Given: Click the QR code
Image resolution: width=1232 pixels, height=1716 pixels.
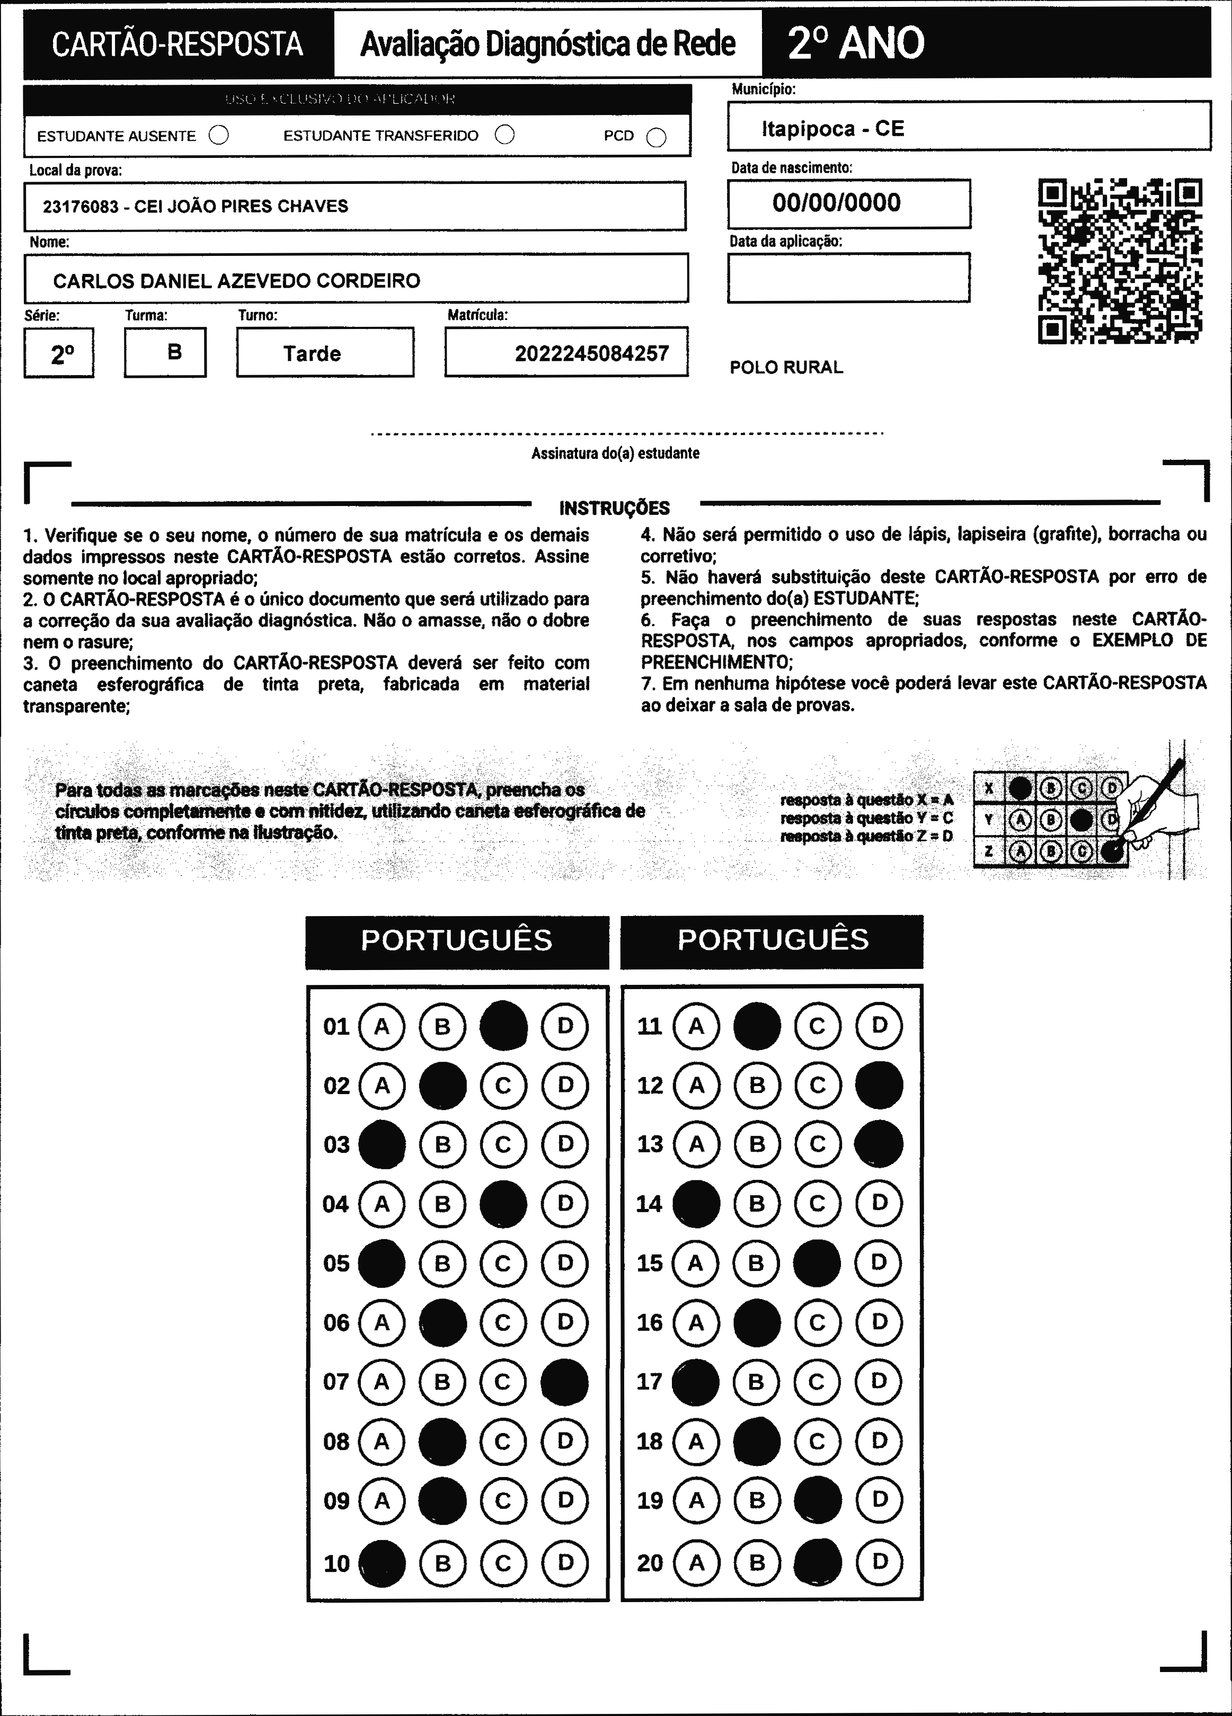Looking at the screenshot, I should click(1120, 261).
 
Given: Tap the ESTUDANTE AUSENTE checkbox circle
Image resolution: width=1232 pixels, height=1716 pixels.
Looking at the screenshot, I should click(219, 136).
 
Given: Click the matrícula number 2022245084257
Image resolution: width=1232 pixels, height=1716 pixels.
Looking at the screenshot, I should click(592, 353).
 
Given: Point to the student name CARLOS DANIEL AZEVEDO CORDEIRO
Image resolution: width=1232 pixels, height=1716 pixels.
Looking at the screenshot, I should click(236, 281).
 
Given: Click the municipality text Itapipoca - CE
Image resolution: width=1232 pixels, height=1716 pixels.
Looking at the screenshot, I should click(832, 129).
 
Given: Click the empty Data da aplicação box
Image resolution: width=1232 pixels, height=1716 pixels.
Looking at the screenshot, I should click(848, 278).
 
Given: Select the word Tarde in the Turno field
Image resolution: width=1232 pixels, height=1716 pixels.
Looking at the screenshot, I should click(312, 353).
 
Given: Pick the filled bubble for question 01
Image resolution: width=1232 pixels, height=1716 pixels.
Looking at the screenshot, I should click(504, 1026).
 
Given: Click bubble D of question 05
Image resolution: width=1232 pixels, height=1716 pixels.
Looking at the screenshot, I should click(565, 1263).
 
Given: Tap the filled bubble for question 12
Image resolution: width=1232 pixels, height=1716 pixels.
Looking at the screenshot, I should click(879, 1085).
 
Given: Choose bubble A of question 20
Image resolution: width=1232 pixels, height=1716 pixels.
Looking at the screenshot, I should click(696, 1562).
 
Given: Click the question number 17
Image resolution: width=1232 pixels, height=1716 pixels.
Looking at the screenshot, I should click(649, 1382).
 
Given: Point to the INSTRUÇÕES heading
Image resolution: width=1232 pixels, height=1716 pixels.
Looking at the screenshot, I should click(615, 508).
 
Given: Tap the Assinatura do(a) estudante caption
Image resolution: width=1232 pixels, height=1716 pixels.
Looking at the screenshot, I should click(615, 453).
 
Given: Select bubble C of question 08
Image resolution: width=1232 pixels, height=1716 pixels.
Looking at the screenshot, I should click(503, 1442).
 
